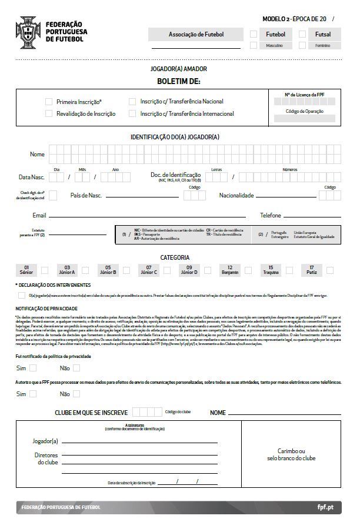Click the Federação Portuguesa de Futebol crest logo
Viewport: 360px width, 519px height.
pyautogui.click(x=27, y=30)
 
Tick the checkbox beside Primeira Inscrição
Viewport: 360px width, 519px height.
pyautogui.click(x=49, y=102)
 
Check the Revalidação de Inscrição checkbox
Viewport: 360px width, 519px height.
pyautogui.click(x=49, y=113)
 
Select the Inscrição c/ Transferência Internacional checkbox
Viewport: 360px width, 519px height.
pyautogui.click(x=132, y=113)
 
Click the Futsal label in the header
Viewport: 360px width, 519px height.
pyautogui.click(x=323, y=34)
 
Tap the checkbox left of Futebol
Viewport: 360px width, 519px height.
pyautogui.click(x=254, y=34)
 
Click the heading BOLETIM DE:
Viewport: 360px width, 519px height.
pyautogui.click(x=179, y=80)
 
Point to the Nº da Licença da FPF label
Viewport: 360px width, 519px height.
pyautogui.click(x=305, y=94)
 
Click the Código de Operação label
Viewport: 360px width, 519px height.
pyautogui.click(x=305, y=111)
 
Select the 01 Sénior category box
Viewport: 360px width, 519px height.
pyautogui.click(x=26, y=270)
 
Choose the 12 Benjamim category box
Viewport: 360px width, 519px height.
pyautogui.click(x=230, y=270)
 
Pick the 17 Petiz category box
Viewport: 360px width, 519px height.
pyautogui.click(x=311, y=270)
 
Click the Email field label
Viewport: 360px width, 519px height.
pyautogui.click(x=39, y=216)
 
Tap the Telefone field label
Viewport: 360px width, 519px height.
pyautogui.click(x=271, y=216)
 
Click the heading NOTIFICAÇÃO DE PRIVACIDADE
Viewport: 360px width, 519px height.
pyautogui.click(x=46, y=307)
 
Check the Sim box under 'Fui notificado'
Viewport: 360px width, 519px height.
pyautogui.click(x=33, y=368)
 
